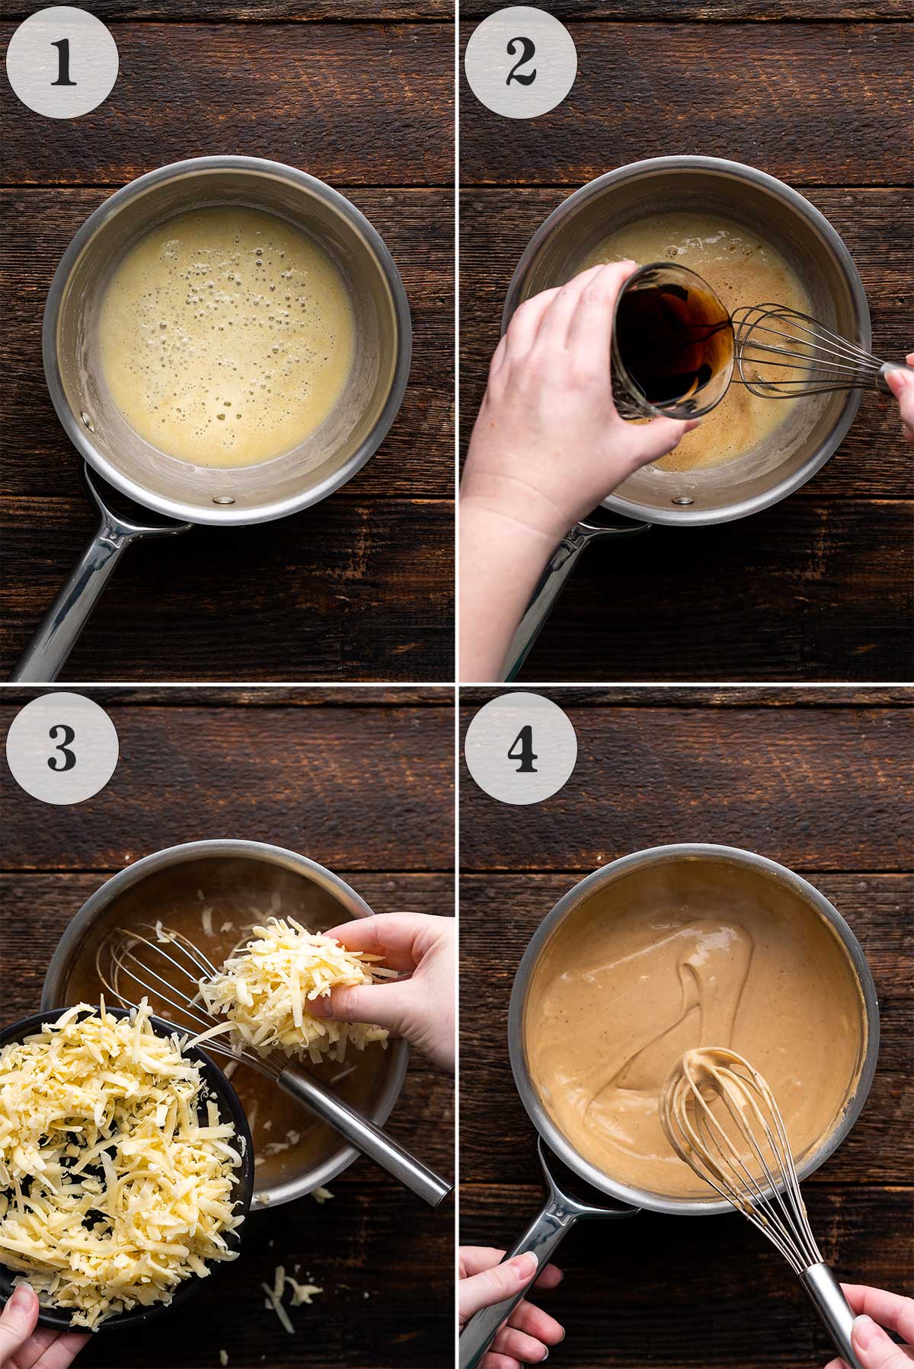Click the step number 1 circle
62,62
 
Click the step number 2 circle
520,62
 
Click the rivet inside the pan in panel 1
224,499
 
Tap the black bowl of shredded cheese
114,1142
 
